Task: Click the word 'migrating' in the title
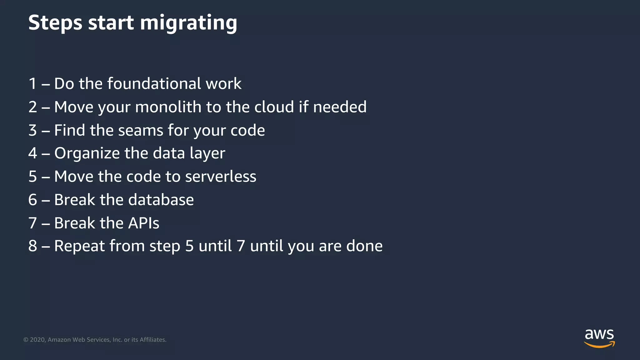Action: [x=188, y=23]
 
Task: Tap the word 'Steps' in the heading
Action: [x=55, y=23]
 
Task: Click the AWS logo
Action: [x=599, y=338]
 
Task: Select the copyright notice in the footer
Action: [x=95, y=340]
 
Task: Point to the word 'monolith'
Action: [x=168, y=107]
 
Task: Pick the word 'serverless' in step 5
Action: [x=221, y=177]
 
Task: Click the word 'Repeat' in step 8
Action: [x=79, y=246]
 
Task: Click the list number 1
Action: [x=32, y=84]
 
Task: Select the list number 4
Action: [x=32, y=153]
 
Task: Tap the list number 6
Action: [x=32, y=200]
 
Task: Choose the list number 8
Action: [x=32, y=246]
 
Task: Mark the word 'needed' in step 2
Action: [x=340, y=107]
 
